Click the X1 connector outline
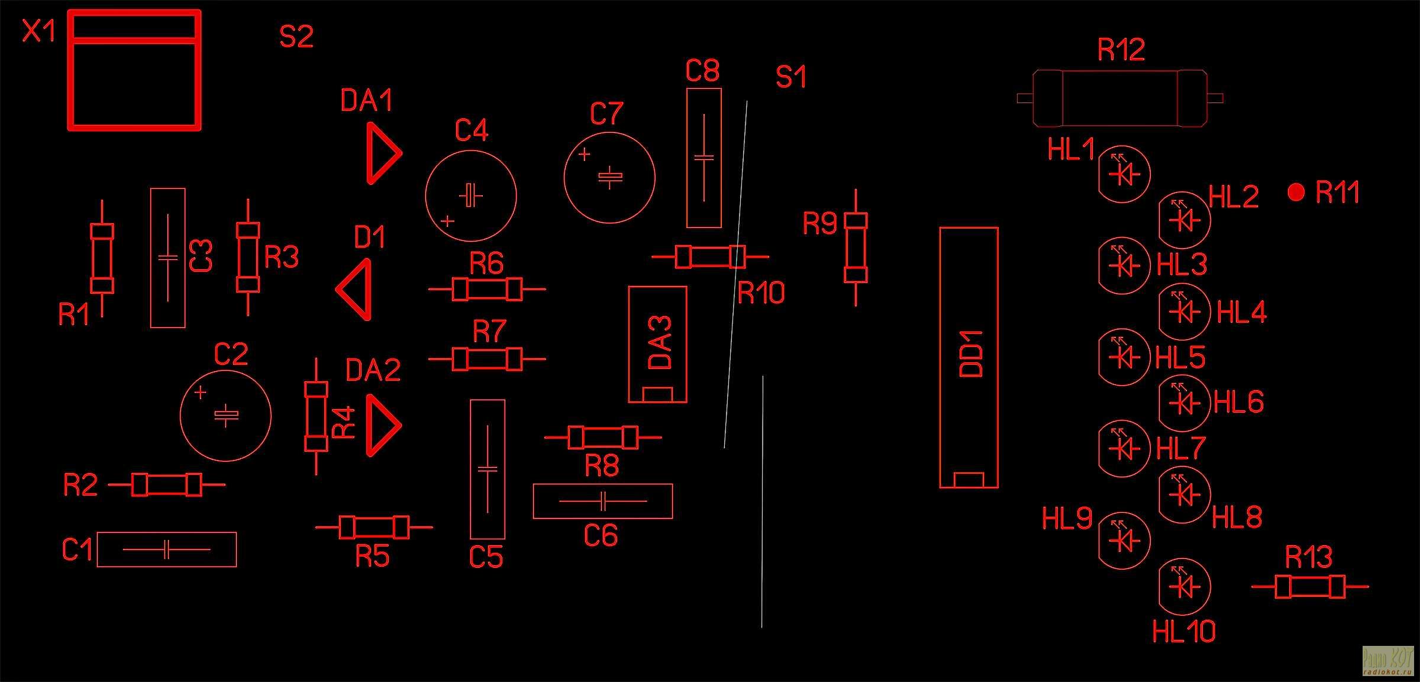(x=134, y=70)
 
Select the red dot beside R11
(x=1296, y=192)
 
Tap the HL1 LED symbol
(x=1123, y=174)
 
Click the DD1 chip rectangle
(x=969, y=358)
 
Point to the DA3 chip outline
(x=657, y=345)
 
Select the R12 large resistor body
(x=1119, y=98)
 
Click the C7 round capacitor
(x=609, y=178)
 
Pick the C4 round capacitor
(x=471, y=195)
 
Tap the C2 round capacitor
(x=225, y=416)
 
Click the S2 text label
(x=296, y=37)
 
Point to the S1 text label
(x=791, y=78)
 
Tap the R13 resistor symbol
(x=1310, y=587)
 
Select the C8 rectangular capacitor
(x=703, y=158)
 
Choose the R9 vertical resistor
(x=856, y=248)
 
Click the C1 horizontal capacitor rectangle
(x=166, y=549)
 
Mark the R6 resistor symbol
(x=487, y=289)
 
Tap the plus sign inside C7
(x=584, y=155)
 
